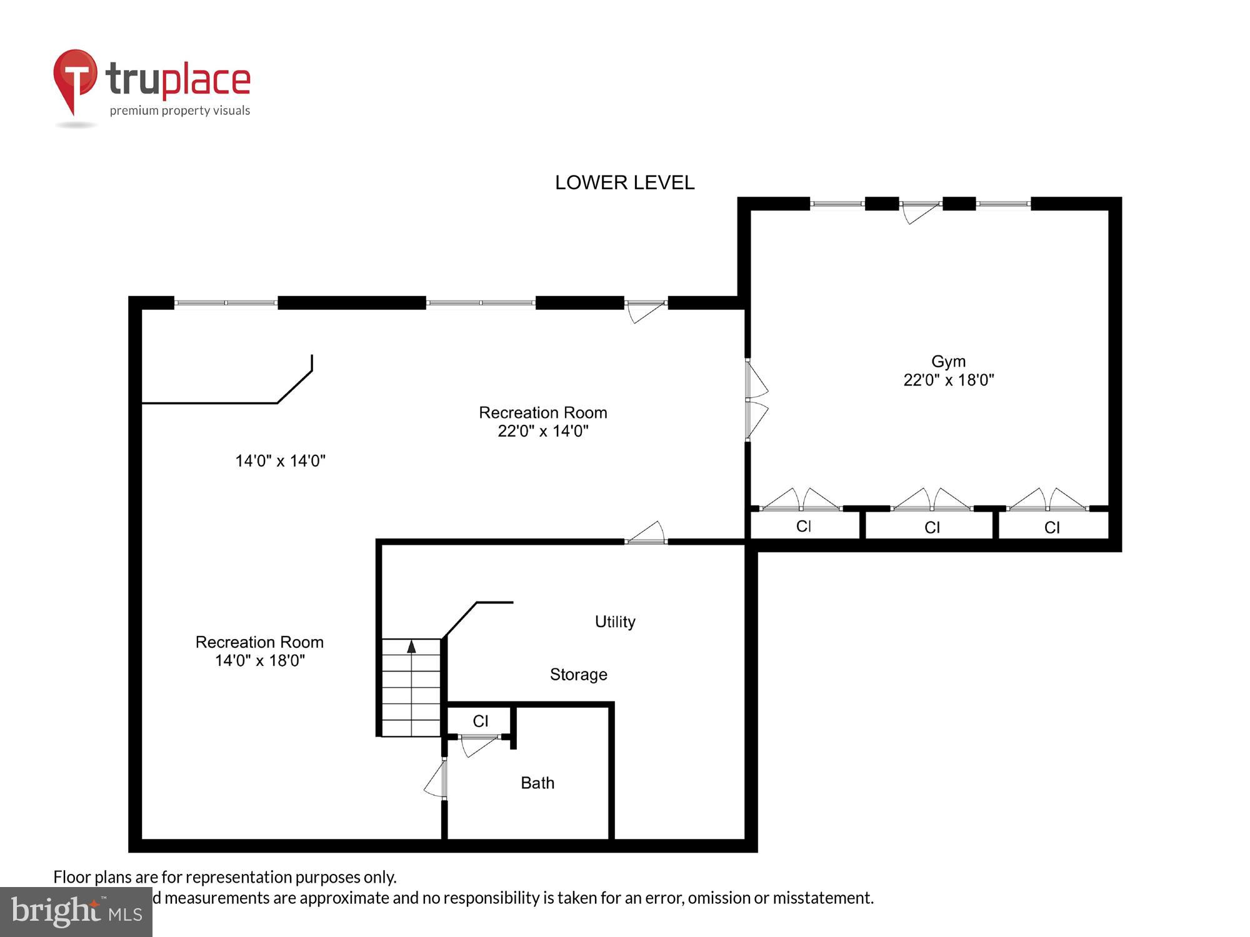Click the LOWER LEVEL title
pyautogui.click(x=624, y=182)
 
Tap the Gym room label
pyautogui.click(x=948, y=361)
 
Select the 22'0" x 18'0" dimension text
pyautogui.click(x=948, y=380)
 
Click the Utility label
pyautogui.click(x=615, y=622)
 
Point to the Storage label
pyautogui.click(x=578, y=675)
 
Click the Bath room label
pyautogui.click(x=537, y=783)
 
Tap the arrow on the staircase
pyautogui.click(x=411, y=647)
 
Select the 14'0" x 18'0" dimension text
pyautogui.click(x=259, y=661)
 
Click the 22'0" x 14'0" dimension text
pyautogui.click(x=542, y=431)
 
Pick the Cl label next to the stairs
pyautogui.click(x=480, y=721)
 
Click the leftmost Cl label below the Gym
pyautogui.click(x=804, y=527)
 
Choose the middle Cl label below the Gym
pyautogui.click(x=932, y=528)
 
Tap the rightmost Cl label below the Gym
pyautogui.click(x=1052, y=528)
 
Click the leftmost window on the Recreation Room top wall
pyautogui.click(x=226, y=303)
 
